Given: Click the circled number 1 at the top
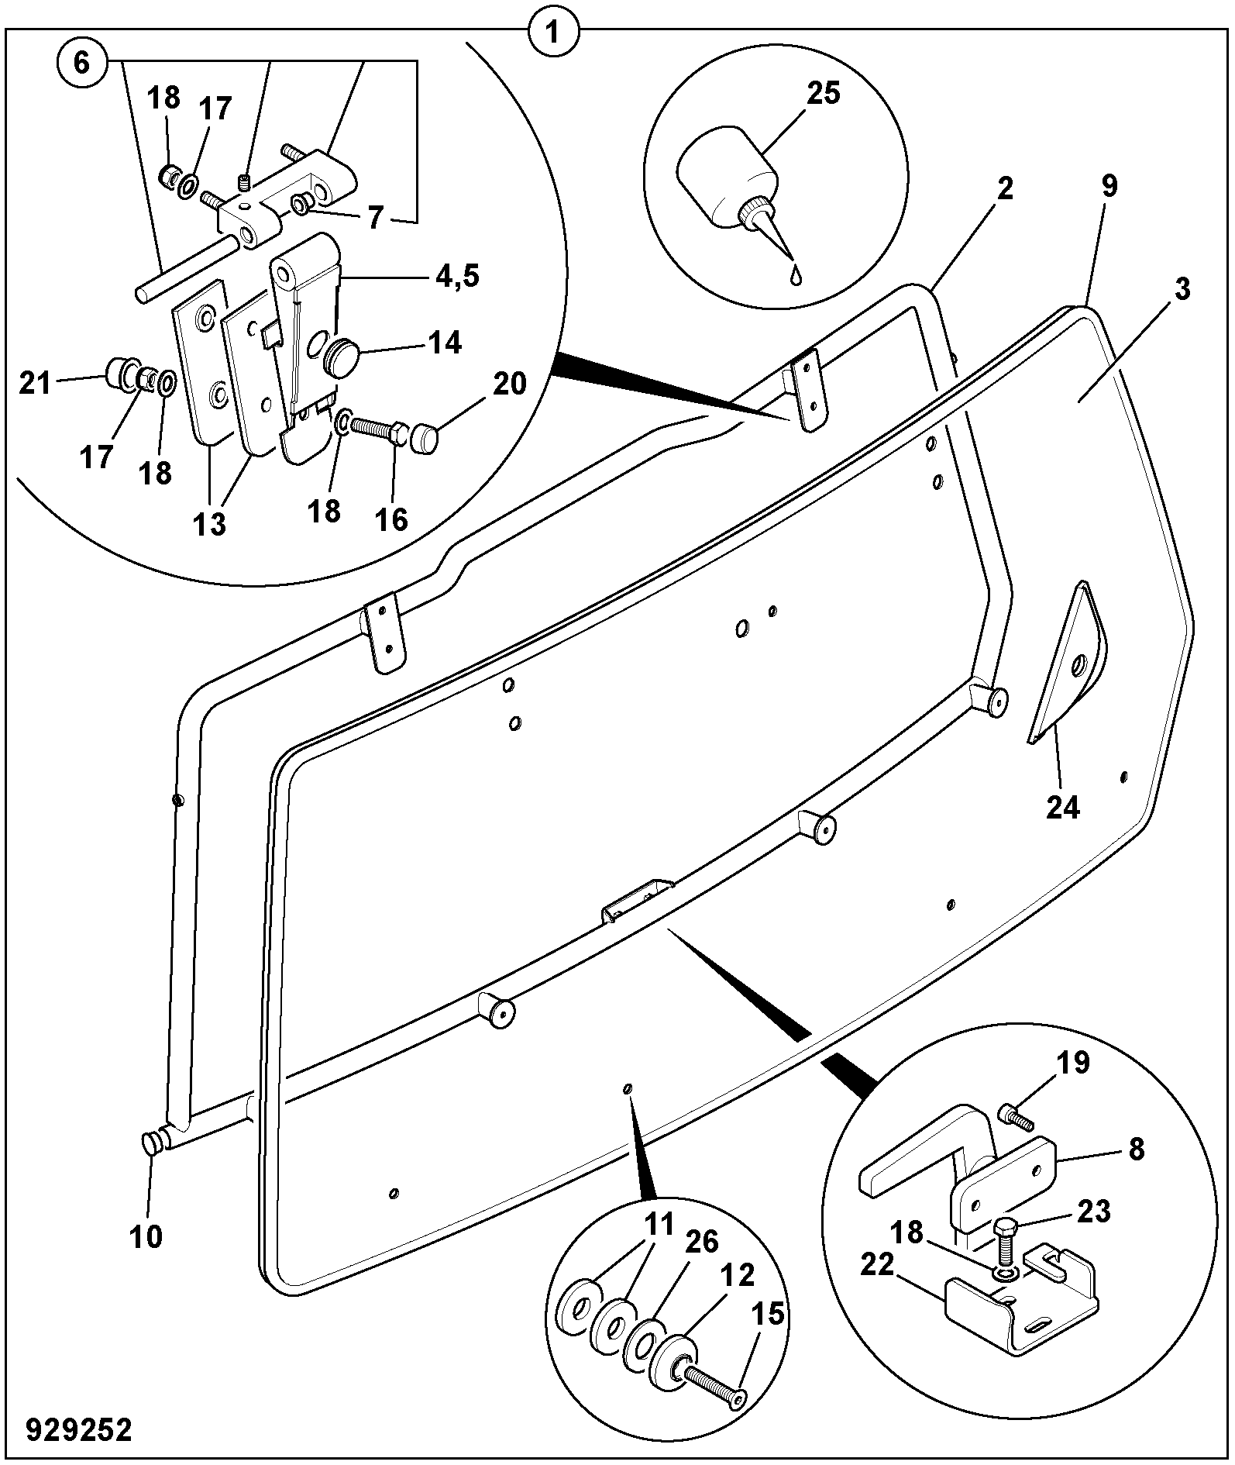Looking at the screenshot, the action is [553, 33].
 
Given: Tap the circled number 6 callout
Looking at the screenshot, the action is [81, 63].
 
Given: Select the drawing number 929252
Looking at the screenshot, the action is [79, 1429].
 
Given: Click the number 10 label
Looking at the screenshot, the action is [146, 1237].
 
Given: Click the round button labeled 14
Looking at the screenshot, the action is [342, 357].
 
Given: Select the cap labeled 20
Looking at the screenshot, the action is [424, 439].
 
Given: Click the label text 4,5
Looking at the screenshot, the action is [456, 276].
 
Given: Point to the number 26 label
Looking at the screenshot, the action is [701, 1242].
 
